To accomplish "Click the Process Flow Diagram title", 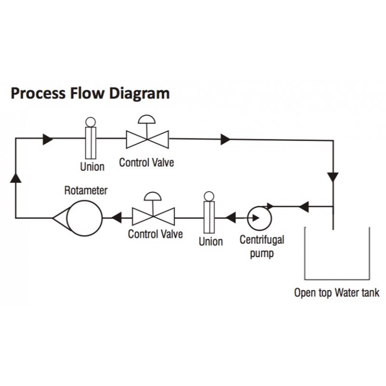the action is [x=90, y=94].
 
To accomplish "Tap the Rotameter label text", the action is [x=86, y=191].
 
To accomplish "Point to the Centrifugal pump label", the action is [x=262, y=247].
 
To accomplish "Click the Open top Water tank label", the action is [x=337, y=293].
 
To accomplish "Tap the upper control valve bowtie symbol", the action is [x=147, y=139].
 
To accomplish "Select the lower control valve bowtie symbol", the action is [x=153, y=217].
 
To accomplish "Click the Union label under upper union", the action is [x=92, y=167].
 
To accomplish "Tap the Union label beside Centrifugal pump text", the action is [x=211, y=242].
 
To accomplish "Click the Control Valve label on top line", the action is [x=147, y=163].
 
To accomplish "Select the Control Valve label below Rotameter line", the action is [x=155, y=234].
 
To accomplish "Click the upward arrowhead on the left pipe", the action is [x=16, y=178].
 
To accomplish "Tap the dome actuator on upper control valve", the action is [x=147, y=119].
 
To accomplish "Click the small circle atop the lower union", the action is [x=209, y=196].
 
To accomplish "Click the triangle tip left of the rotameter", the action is [x=53, y=218].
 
